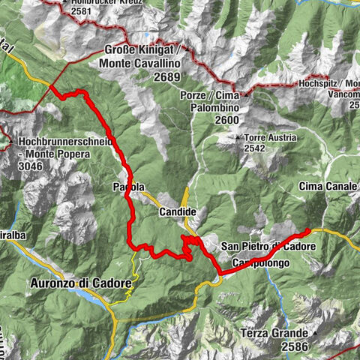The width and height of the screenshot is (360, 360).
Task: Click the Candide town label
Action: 178,212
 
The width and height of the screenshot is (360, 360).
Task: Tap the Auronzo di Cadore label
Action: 81,283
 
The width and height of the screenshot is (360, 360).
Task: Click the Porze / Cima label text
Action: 208,95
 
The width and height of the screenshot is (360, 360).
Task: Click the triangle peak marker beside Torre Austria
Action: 238,138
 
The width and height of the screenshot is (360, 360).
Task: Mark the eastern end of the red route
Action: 309,229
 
